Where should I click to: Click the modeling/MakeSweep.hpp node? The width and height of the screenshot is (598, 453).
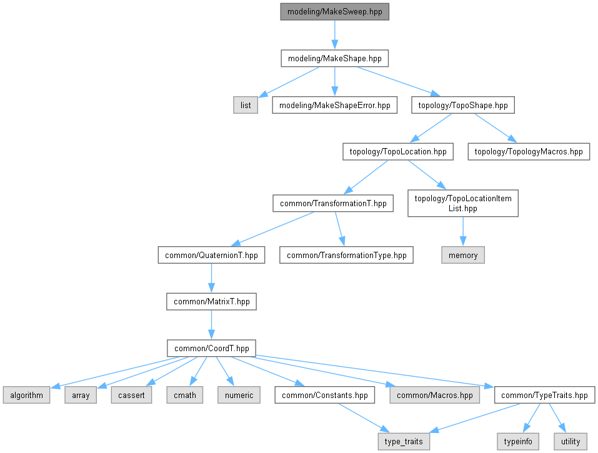(x=335, y=11)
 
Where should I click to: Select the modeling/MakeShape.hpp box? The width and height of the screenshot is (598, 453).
(x=335, y=59)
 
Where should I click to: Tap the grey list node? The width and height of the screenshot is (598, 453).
(x=246, y=105)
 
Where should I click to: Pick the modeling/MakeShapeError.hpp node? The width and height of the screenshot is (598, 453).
(x=335, y=105)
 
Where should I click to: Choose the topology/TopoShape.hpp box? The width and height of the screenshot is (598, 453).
(x=462, y=105)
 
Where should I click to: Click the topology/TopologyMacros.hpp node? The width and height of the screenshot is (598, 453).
(x=529, y=151)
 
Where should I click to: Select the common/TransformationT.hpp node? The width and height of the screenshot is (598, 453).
(x=333, y=203)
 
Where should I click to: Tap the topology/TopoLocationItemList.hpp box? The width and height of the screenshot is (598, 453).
(x=462, y=204)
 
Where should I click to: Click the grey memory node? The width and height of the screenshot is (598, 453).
(x=462, y=255)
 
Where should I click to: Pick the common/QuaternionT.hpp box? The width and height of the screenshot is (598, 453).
(x=211, y=255)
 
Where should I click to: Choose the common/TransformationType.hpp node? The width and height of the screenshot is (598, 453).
(x=346, y=255)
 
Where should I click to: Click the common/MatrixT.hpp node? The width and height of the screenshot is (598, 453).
(x=211, y=301)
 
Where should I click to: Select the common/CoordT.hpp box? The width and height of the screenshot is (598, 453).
(x=211, y=348)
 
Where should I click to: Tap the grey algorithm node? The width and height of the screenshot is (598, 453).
(x=26, y=395)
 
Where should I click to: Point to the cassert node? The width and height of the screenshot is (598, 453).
(x=131, y=395)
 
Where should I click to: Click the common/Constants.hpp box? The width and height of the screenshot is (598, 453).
(x=324, y=395)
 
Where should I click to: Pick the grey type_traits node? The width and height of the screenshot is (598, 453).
(x=404, y=441)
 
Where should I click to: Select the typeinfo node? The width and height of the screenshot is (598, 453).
(x=518, y=441)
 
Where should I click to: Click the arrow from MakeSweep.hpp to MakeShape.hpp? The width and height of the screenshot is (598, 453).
(x=335, y=35)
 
